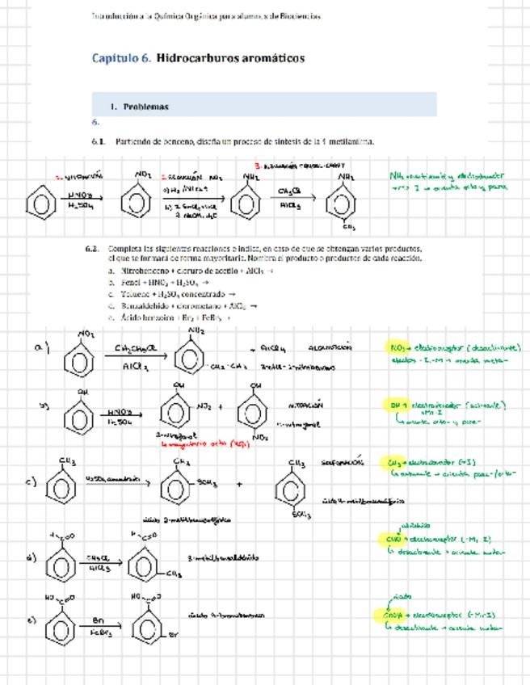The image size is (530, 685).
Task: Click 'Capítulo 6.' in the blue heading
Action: pyautogui.click(x=121, y=58)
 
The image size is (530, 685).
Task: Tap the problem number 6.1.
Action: pyautogui.click(x=99, y=141)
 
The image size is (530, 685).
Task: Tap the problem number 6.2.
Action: pyautogui.click(x=93, y=249)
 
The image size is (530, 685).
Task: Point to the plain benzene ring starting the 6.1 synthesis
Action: pyautogui.click(x=40, y=202)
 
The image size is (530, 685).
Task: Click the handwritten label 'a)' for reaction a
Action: pyautogui.click(x=42, y=347)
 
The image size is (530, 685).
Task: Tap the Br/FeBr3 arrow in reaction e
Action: pyautogui.click(x=100, y=625)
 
